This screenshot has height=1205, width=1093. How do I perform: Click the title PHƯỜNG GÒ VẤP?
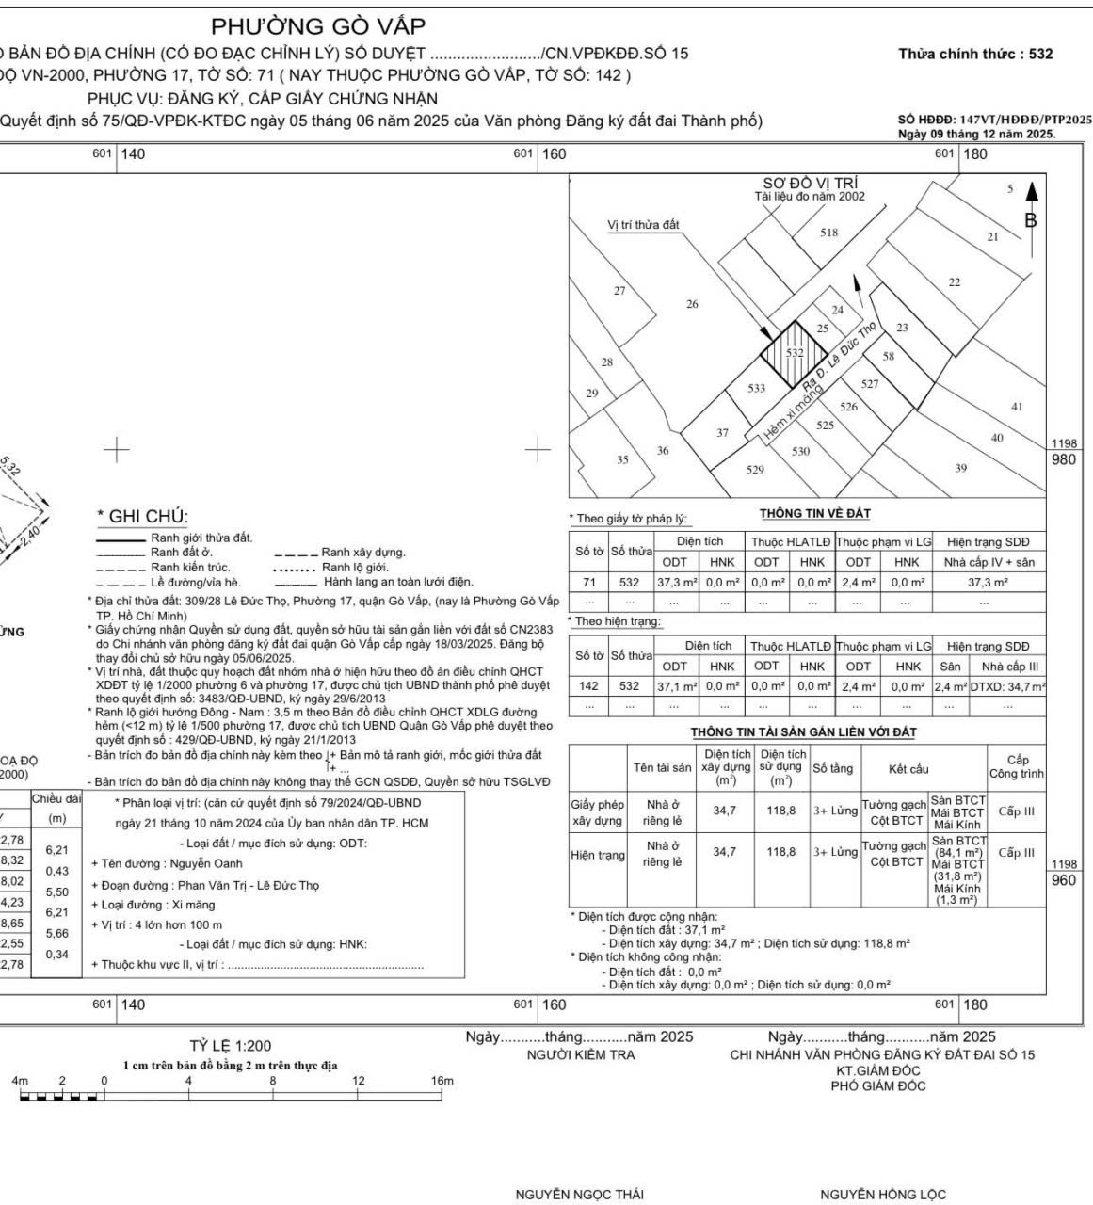pos(318,26)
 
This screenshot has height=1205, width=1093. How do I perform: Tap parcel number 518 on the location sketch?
pos(828,233)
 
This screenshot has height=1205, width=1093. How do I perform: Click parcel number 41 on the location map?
pos(1016,407)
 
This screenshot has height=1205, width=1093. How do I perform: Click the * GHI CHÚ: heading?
pos(143,516)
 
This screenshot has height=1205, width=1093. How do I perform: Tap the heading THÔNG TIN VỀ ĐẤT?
pos(815,513)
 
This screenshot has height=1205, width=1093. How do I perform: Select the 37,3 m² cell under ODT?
pos(676,583)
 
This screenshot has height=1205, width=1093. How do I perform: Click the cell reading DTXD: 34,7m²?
pos(1007,687)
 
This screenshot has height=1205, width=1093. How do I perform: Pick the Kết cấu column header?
pos(908,769)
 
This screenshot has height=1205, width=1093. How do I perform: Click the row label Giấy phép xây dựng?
pos(598,812)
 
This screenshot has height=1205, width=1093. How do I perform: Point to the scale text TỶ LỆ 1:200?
pos(230,1045)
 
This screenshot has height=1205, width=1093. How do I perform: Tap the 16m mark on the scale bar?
pos(442,1081)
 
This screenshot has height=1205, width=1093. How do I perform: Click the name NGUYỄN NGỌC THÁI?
pos(579,1195)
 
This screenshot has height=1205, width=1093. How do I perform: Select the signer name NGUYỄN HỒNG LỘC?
pos(882,1195)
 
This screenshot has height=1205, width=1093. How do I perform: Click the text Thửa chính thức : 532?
pos(975,54)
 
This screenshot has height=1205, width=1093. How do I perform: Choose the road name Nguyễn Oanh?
pos(206,863)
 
